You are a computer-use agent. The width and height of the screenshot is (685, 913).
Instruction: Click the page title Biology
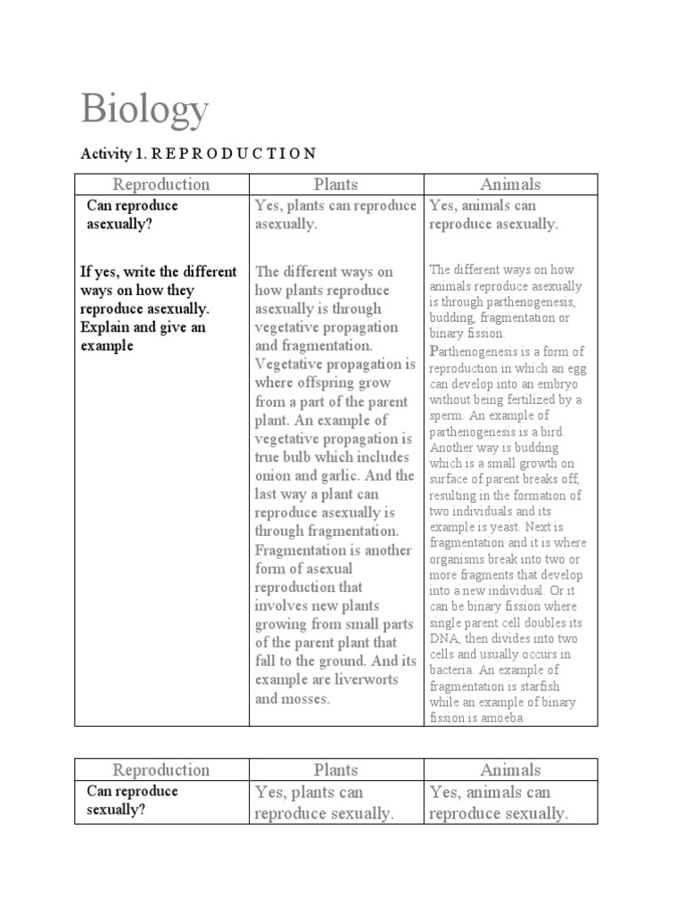point(145,110)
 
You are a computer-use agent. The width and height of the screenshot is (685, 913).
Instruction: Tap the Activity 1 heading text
point(198,152)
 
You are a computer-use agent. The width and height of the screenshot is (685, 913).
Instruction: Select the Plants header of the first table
point(335,185)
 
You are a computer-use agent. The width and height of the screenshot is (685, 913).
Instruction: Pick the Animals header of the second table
point(510,769)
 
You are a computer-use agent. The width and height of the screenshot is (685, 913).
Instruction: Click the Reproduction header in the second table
point(161,769)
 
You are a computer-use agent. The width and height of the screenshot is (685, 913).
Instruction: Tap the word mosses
point(304,698)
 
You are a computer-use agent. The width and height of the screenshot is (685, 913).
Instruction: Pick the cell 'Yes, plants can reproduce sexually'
point(324,802)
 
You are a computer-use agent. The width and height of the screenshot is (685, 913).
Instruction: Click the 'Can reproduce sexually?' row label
point(132,801)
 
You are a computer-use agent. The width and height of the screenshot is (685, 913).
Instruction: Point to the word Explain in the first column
point(105,327)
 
